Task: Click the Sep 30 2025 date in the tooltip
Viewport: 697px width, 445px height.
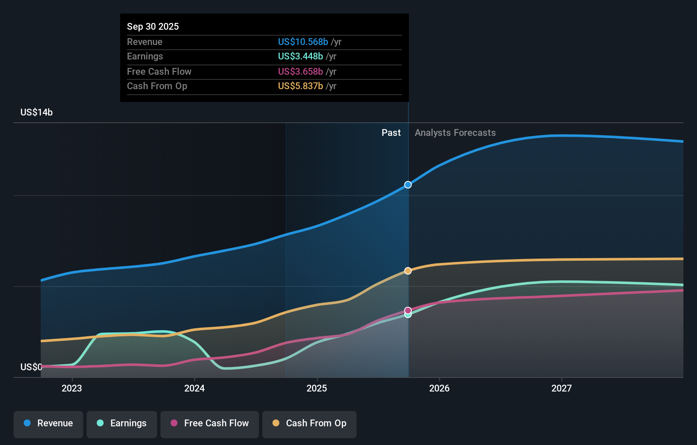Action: point(153,26)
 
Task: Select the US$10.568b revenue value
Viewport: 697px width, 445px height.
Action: point(303,42)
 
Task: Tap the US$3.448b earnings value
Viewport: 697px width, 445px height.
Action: point(300,56)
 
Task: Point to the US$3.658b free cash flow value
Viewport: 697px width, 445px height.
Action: point(300,71)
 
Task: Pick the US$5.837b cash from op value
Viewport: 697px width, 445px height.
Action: point(300,86)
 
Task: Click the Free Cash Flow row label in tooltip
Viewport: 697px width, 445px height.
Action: point(159,71)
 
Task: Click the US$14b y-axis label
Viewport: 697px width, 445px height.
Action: point(37,112)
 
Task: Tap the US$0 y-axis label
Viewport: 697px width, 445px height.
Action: point(31,367)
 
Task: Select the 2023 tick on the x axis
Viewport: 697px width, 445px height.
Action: point(72,388)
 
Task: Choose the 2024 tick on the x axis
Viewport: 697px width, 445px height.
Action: point(194,388)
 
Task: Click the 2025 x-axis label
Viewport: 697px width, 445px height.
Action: point(317,388)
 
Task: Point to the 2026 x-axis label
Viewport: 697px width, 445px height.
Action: point(439,388)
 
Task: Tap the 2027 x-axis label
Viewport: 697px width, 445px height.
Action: point(562,388)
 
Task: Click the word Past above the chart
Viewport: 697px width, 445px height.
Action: point(391,132)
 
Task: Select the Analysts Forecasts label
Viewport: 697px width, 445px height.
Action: point(455,132)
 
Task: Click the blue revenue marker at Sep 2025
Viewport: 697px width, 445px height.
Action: point(408,185)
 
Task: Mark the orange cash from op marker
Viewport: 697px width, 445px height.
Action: point(408,271)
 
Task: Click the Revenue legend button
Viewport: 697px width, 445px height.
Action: point(48,423)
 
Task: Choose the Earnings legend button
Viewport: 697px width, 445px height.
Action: point(122,423)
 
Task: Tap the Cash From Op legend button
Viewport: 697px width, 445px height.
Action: point(309,423)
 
